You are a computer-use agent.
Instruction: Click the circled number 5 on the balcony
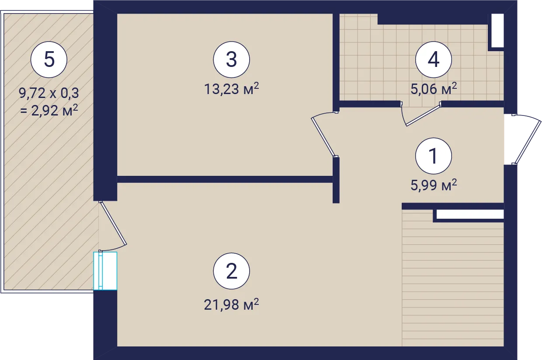coord(49,59)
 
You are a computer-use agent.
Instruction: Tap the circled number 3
coord(231,59)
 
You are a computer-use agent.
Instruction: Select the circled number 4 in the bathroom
coord(433,59)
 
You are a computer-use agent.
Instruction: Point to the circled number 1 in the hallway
coord(433,156)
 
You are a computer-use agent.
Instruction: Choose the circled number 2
coord(231,271)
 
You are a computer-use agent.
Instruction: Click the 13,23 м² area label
coord(232,89)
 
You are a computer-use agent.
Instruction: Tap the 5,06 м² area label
coord(434,89)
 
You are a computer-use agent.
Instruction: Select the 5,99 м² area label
coord(434,185)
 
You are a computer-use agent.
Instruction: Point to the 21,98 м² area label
coord(232,304)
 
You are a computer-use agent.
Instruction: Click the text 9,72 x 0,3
coord(49,93)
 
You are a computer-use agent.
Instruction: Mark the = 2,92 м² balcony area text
coord(49,110)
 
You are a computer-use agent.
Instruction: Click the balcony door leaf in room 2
coord(113,223)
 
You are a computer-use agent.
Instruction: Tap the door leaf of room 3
coord(323,137)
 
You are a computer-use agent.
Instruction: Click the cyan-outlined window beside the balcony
coord(105,271)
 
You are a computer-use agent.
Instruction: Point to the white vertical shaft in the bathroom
coord(497,31)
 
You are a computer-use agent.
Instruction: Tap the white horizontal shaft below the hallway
coord(470,214)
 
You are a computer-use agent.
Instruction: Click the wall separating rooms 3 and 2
coord(225,179)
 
